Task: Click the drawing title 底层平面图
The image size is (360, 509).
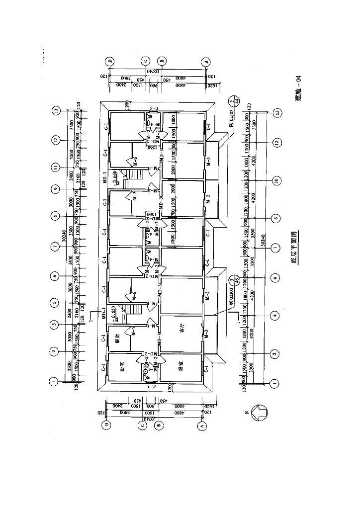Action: pos(294,248)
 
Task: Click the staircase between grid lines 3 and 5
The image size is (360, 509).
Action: pos(135,314)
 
